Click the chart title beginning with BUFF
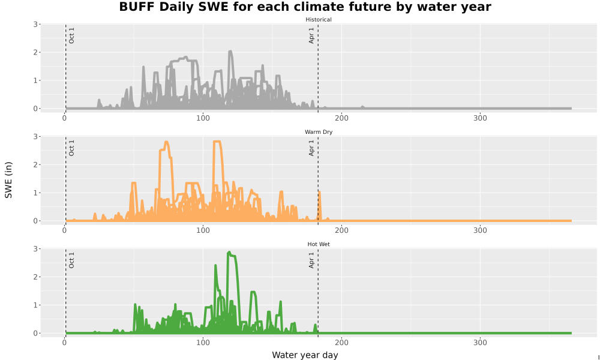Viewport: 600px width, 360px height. [x=305, y=7]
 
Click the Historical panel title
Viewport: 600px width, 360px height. [x=319, y=20]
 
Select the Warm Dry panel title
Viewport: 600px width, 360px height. [x=319, y=132]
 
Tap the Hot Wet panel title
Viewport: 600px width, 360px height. [x=319, y=244]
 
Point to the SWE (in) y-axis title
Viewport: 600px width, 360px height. [x=8, y=180]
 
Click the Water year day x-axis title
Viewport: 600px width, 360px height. [x=305, y=355]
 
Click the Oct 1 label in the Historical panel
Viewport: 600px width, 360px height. [x=71, y=35]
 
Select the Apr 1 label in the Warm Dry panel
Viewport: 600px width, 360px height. [x=311, y=148]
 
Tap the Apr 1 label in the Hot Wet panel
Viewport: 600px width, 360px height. [x=311, y=260]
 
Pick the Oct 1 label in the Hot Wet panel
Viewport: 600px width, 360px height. [x=71, y=260]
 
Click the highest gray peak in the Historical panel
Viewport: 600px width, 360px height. [x=230, y=52]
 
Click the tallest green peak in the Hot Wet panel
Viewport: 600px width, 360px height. [x=229, y=253]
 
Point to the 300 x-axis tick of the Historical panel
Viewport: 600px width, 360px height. [x=480, y=118]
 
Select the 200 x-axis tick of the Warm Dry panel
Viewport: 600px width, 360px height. [x=342, y=230]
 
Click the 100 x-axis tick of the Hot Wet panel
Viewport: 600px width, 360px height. [x=203, y=343]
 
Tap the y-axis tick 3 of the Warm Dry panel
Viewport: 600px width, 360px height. [x=35, y=137]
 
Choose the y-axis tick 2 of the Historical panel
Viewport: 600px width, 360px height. [x=35, y=52]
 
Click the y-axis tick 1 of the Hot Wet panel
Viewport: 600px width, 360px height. [x=35, y=305]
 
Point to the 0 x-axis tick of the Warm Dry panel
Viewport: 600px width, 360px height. [x=65, y=230]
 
